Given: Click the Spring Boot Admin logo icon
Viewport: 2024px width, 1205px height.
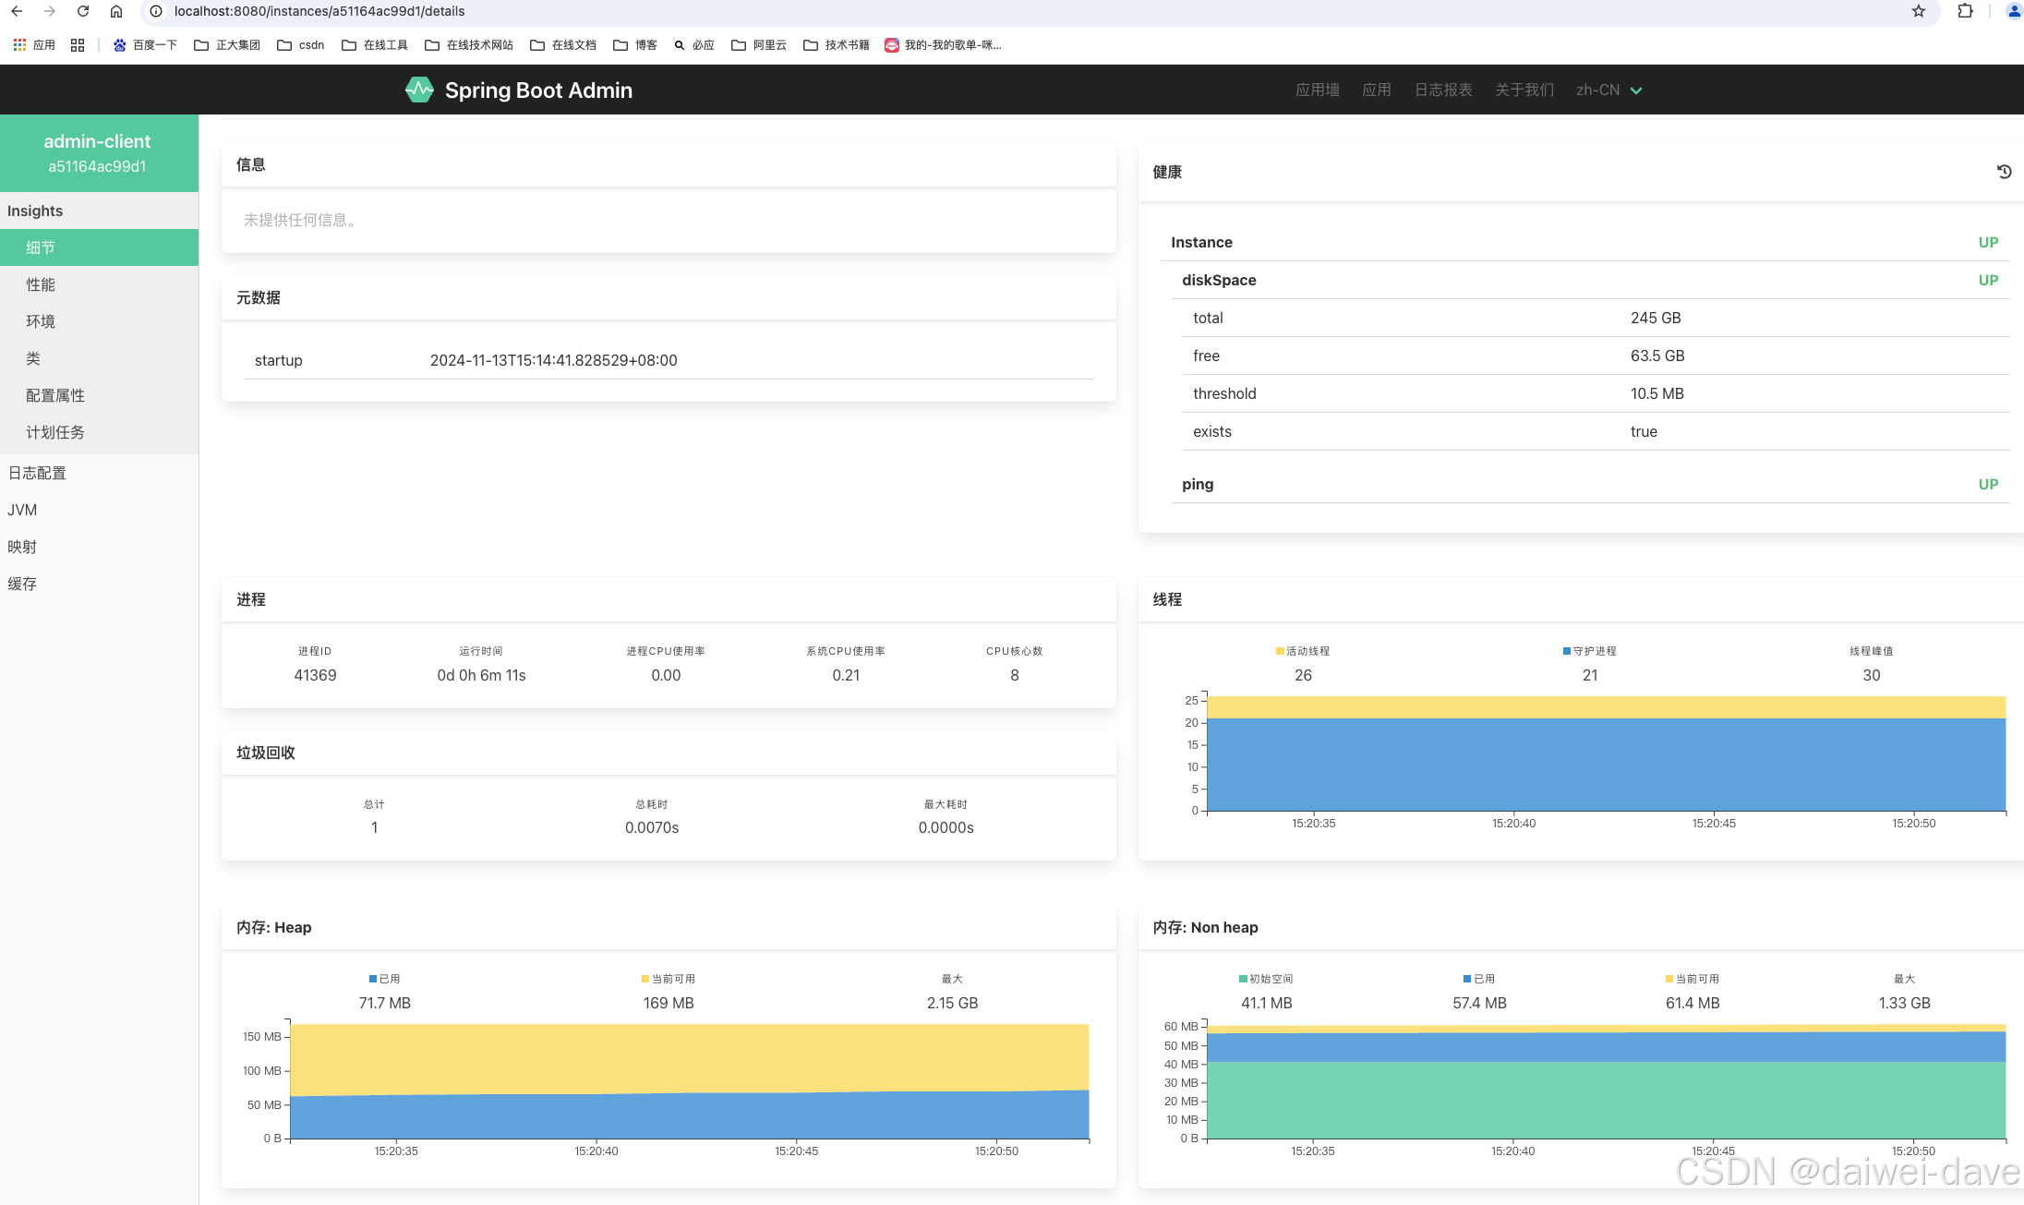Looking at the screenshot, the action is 419,90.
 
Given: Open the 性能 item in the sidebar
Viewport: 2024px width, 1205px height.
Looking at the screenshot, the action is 41,284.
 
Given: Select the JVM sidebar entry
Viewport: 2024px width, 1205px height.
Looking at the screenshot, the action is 22,510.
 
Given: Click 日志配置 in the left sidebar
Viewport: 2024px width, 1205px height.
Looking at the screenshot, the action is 37,473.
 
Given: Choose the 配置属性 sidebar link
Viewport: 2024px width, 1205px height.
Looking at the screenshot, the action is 55,395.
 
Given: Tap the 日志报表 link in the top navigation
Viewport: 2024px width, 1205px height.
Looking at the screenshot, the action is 1443,90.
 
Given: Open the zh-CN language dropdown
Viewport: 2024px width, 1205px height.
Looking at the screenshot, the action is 1608,90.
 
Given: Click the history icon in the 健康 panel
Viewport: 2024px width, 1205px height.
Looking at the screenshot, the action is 2004,172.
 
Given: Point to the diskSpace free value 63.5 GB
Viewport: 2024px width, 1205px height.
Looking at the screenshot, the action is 1657,355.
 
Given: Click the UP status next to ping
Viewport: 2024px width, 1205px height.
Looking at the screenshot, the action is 1988,484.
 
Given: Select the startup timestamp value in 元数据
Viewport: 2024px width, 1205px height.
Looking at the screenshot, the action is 553,360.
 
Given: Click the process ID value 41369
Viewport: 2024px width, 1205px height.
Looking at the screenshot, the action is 315,675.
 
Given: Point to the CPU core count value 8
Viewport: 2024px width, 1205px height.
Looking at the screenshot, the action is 1015,675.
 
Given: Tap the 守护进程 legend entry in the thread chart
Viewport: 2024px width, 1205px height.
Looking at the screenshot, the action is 1590,651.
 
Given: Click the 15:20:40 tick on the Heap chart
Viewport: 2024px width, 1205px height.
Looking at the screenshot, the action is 596,1151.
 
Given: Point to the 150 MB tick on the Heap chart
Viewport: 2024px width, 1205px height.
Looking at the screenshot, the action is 262,1037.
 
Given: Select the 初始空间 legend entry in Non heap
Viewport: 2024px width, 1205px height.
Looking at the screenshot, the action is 1266,979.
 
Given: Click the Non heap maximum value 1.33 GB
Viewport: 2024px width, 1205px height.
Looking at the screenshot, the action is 1904,1003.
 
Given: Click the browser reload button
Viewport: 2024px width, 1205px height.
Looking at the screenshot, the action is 83,11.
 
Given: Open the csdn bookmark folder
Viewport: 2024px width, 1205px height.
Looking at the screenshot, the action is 301,44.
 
